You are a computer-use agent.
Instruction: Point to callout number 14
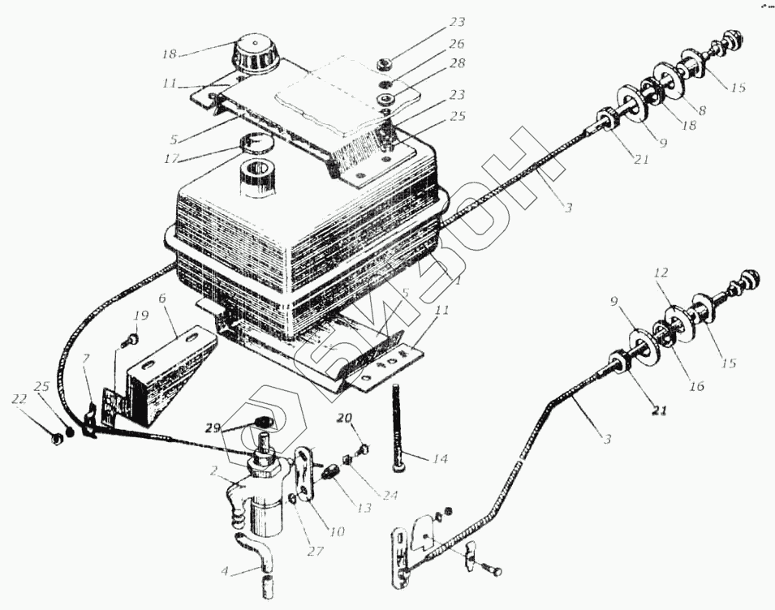coord(439,459)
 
